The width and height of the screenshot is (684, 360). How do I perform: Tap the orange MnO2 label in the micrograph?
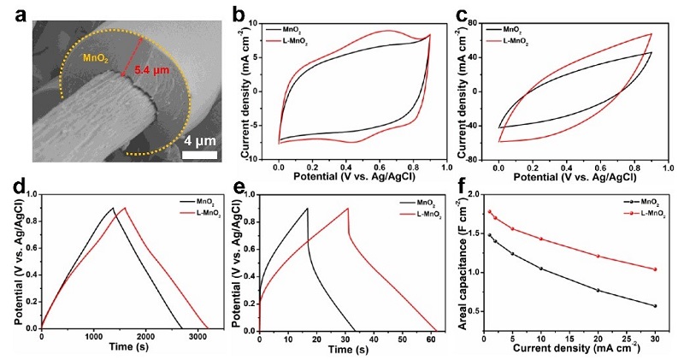coord(96,58)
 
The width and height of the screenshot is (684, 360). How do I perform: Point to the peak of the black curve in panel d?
coord(113,208)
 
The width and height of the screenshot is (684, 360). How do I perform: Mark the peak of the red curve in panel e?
coord(348,208)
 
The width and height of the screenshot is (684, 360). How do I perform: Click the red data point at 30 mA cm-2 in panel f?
coord(655,269)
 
